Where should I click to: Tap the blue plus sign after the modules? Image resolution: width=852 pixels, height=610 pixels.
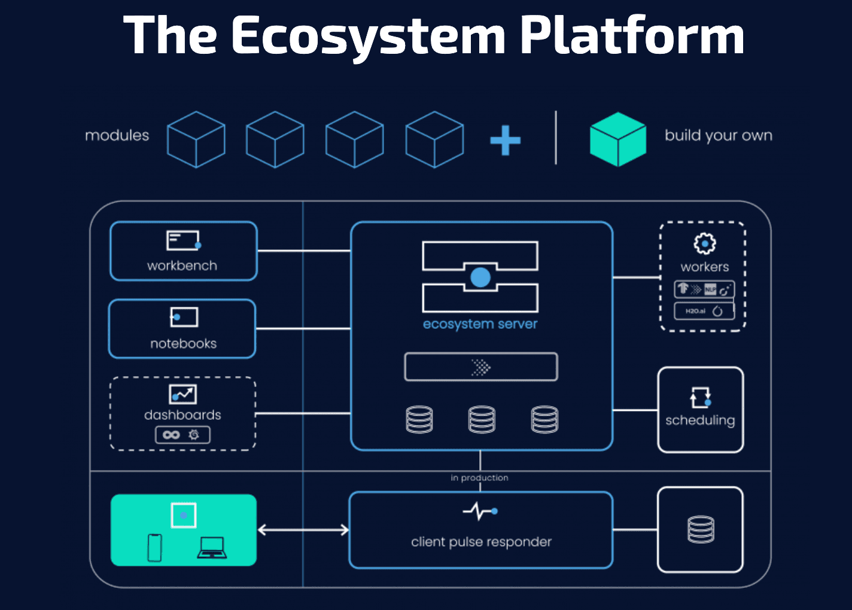[x=505, y=141]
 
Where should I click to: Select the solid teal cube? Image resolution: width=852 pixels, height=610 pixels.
[x=617, y=139]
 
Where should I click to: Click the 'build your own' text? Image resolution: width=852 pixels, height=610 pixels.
[x=718, y=136]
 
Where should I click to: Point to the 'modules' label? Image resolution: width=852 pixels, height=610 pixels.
[x=117, y=136]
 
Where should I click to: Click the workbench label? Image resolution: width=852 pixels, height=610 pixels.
[x=182, y=266]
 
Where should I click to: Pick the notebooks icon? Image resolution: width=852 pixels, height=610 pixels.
[x=184, y=317]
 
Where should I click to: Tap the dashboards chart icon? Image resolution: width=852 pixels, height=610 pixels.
[x=182, y=394]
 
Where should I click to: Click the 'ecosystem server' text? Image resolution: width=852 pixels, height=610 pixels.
[x=480, y=324]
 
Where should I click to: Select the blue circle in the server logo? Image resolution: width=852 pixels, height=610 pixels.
[x=480, y=277]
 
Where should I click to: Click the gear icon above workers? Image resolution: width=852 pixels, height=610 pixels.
[x=705, y=243]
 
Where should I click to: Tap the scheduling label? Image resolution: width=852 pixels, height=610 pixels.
[x=700, y=420]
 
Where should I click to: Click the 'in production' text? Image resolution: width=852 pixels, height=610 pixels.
[x=479, y=478]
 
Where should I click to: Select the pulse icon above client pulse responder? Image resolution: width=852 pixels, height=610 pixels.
[x=480, y=511]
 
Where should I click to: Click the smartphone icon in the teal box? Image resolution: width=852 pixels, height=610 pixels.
[x=155, y=547]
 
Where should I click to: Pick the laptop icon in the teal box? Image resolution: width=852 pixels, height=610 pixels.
[x=212, y=547]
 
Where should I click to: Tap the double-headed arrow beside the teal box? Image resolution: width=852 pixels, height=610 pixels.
[x=303, y=530]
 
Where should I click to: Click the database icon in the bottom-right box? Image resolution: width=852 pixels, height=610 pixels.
[x=701, y=529]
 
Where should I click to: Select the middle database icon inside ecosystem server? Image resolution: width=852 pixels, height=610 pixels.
[x=482, y=419]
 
